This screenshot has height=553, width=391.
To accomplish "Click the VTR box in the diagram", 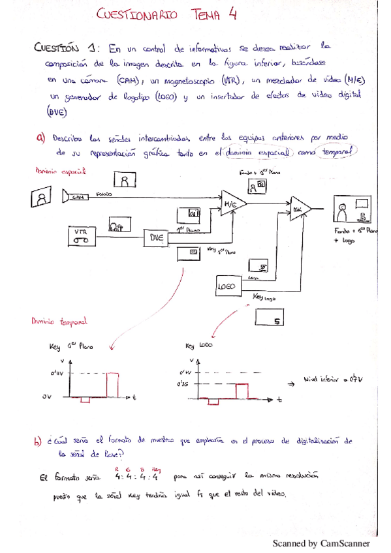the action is point(82,235).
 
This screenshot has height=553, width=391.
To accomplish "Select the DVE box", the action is point(156,238).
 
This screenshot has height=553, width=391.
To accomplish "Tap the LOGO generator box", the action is point(228,286).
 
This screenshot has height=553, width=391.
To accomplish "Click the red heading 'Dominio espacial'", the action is point(60,172).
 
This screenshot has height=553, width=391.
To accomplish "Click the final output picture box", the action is point(351,211).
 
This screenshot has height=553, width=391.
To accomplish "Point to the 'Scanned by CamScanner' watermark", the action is point(321,543).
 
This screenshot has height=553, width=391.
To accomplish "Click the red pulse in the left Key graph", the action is point(114,384).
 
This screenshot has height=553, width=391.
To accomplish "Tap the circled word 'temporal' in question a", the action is point(337,151).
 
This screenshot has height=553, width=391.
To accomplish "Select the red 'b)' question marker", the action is point(37,441).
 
